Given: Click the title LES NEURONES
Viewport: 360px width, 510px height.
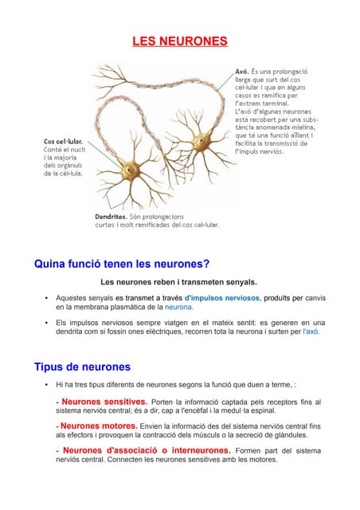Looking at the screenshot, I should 179,41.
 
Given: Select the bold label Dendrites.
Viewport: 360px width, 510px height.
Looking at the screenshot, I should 112,216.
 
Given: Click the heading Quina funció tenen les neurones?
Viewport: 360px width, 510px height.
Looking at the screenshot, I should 121,264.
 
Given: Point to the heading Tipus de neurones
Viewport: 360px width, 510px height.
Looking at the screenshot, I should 82,367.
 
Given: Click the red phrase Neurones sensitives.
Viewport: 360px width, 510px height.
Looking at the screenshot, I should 104,402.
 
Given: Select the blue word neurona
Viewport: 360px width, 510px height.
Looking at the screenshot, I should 178,307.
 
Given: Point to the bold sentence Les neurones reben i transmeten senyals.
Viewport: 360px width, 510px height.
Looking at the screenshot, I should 179,281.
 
